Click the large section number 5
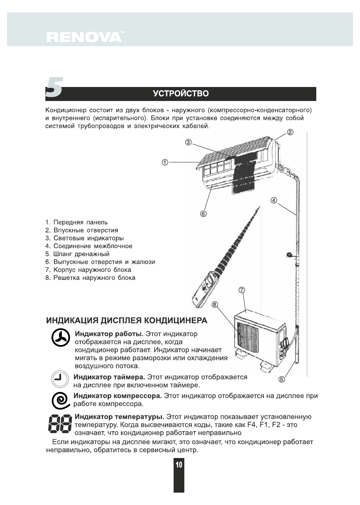pyautogui.click(x=54, y=88)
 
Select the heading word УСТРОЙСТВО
pyautogui.click(x=181, y=94)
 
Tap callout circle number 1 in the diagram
pyautogui.click(x=165, y=162)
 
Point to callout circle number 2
pyautogui.click(x=290, y=132)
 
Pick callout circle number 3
pyautogui.click(x=188, y=142)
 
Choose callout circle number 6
pyautogui.click(x=203, y=214)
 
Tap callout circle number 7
pyautogui.click(x=242, y=290)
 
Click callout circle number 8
pyautogui.click(x=214, y=304)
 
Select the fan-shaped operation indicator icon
pyautogui.click(x=60, y=339)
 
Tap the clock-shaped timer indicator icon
pyautogui.click(x=60, y=378)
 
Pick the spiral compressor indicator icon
pyautogui.click(x=60, y=400)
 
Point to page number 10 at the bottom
pyautogui.click(x=179, y=465)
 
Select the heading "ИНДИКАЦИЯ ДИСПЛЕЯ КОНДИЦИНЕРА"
pyautogui.click(x=126, y=320)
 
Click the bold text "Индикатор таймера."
pyautogui.click(x=109, y=377)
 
